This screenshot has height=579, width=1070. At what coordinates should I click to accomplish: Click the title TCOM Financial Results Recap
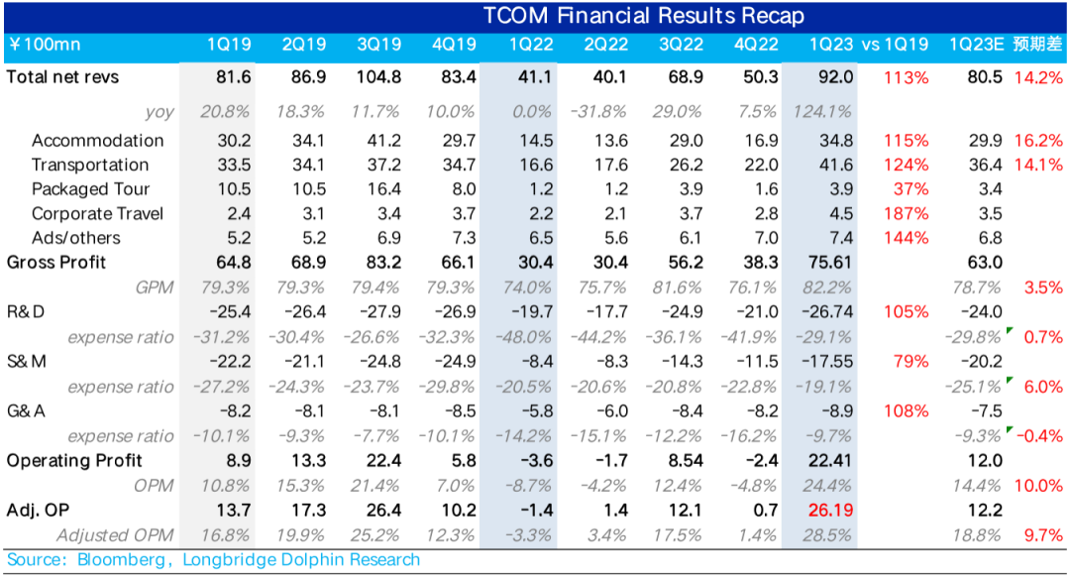tap(644, 16)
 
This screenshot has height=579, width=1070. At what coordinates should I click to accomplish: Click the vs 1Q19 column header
tap(895, 45)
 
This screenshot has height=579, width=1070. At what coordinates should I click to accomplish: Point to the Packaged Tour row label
tap(90, 188)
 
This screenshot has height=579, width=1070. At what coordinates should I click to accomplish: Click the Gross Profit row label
tap(55, 263)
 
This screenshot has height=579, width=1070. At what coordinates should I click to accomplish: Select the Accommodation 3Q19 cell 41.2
tap(380, 140)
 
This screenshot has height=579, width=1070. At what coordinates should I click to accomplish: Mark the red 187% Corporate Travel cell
tap(909, 213)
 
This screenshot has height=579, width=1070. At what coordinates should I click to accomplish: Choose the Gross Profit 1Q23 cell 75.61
tap(826, 263)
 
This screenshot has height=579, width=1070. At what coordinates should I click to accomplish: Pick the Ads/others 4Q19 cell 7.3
tap(456, 238)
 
